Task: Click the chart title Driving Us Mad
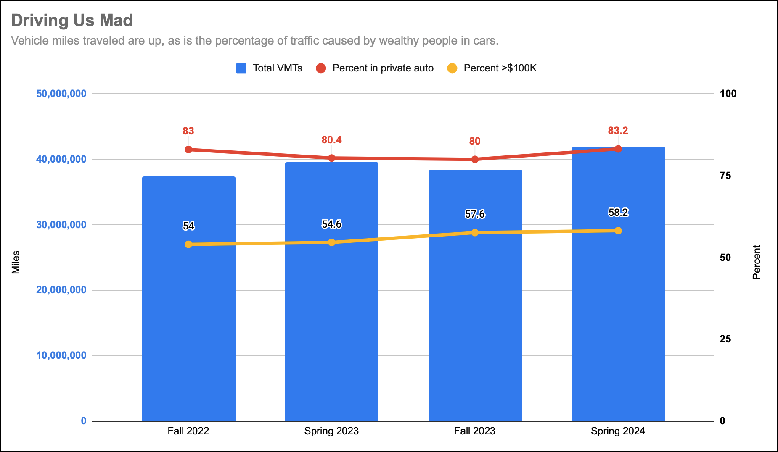pos(72,21)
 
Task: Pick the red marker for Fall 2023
pos(475,159)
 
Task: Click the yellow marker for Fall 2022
pos(188,244)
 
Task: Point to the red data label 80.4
pos(331,140)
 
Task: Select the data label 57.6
pos(475,214)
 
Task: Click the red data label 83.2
pos(618,131)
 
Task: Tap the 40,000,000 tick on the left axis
pos(61,159)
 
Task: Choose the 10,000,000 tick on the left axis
pos(61,355)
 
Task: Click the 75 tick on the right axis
pos(725,176)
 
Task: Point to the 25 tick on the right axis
pos(725,339)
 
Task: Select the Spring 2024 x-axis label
pos(617,431)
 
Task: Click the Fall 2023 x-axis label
pos(474,431)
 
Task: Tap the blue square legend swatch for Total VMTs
pos(241,68)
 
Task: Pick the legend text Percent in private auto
pos(383,68)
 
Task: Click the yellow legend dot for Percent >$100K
pos(452,68)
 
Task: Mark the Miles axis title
pos(16,262)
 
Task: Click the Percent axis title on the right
pos(757,262)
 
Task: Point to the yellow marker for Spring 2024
pos(618,231)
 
